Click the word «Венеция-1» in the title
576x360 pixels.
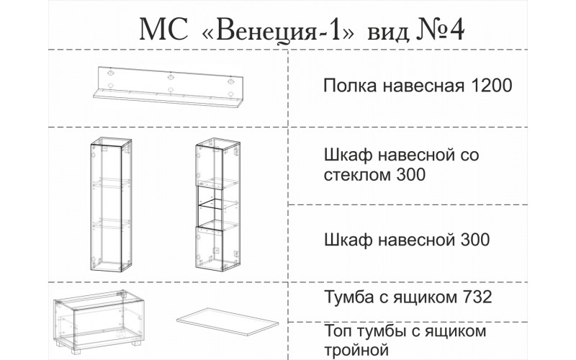(278, 30)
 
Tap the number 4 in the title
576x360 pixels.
(457, 30)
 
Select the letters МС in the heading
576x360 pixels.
(163, 30)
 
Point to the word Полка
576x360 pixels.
(350, 86)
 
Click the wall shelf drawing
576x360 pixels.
(168, 87)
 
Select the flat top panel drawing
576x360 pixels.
(228, 323)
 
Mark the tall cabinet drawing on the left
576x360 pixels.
(111, 204)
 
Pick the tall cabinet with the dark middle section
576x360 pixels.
(217, 204)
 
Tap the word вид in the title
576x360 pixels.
(388, 32)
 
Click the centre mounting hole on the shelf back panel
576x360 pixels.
(170, 77)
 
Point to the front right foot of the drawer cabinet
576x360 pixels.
(136, 343)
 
